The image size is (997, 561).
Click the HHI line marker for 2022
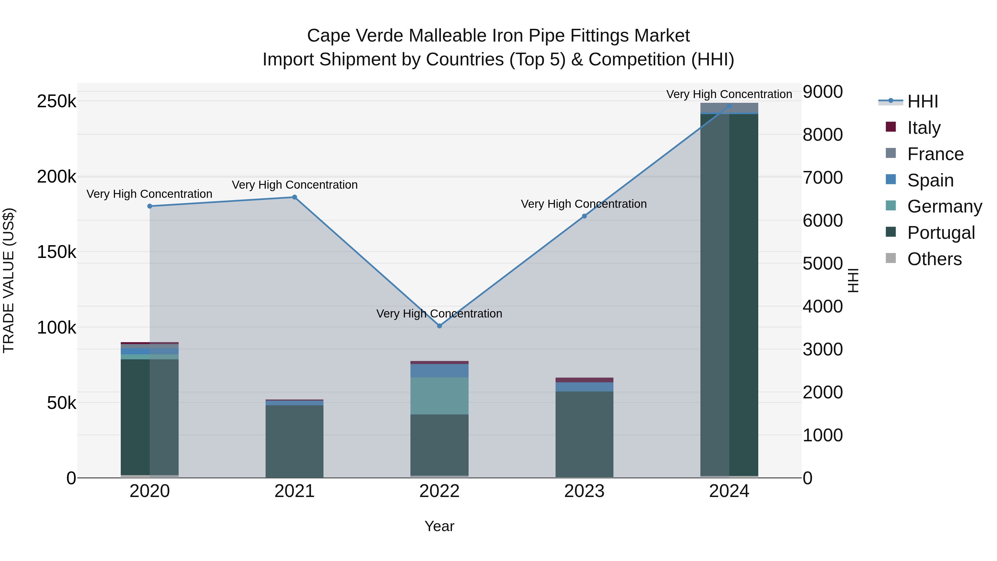[439, 326]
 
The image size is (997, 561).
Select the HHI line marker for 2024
[729, 106]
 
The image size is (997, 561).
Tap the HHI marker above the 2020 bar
[150, 206]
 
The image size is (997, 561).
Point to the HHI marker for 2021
[295, 198]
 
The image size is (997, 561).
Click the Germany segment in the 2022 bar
[439, 396]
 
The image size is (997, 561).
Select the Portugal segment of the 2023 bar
[584, 434]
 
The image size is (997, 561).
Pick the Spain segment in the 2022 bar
[439, 370]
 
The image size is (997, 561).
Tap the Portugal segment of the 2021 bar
[295, 441]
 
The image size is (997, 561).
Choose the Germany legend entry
[944, 206]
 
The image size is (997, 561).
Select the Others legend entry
[934, 259]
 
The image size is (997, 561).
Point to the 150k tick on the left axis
[56, 252]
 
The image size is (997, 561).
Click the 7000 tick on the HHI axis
[823, 178]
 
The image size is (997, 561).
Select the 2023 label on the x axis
[584, 491]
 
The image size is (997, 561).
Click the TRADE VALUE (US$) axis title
[9, 280]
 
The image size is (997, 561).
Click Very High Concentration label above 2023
[584, 204]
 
